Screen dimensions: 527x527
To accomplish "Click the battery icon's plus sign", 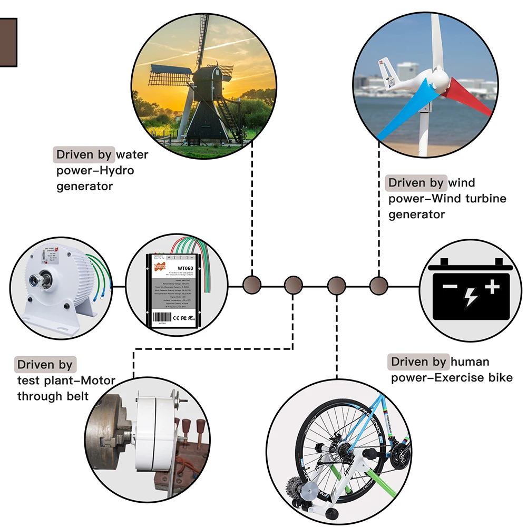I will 492,286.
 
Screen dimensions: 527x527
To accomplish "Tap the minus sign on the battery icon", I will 450,287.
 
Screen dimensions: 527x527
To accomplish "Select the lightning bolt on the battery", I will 471,298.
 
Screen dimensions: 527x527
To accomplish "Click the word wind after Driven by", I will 462,183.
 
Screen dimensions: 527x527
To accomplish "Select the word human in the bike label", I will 470,362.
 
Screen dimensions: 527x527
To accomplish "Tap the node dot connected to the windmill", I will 252,285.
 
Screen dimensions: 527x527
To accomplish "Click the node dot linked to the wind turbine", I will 377,286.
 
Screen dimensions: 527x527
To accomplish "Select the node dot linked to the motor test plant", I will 293,286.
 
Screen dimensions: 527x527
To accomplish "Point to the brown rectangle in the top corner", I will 8,42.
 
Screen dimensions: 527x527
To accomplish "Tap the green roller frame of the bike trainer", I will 369,477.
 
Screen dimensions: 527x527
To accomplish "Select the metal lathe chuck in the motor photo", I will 108,432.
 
